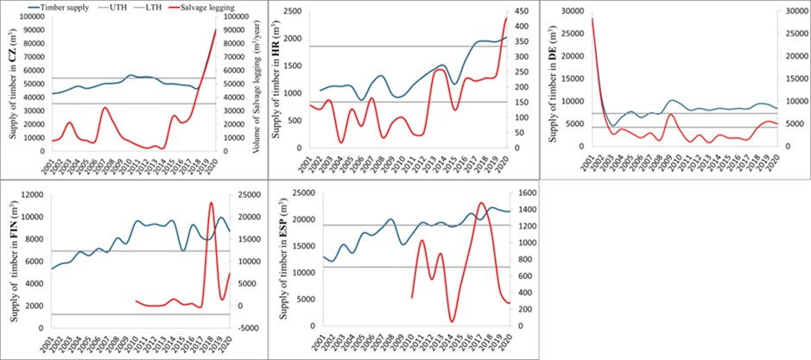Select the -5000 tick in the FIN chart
coord(245,328)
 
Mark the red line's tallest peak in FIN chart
coord(211,203)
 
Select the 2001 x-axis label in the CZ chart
coord(54,162)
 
